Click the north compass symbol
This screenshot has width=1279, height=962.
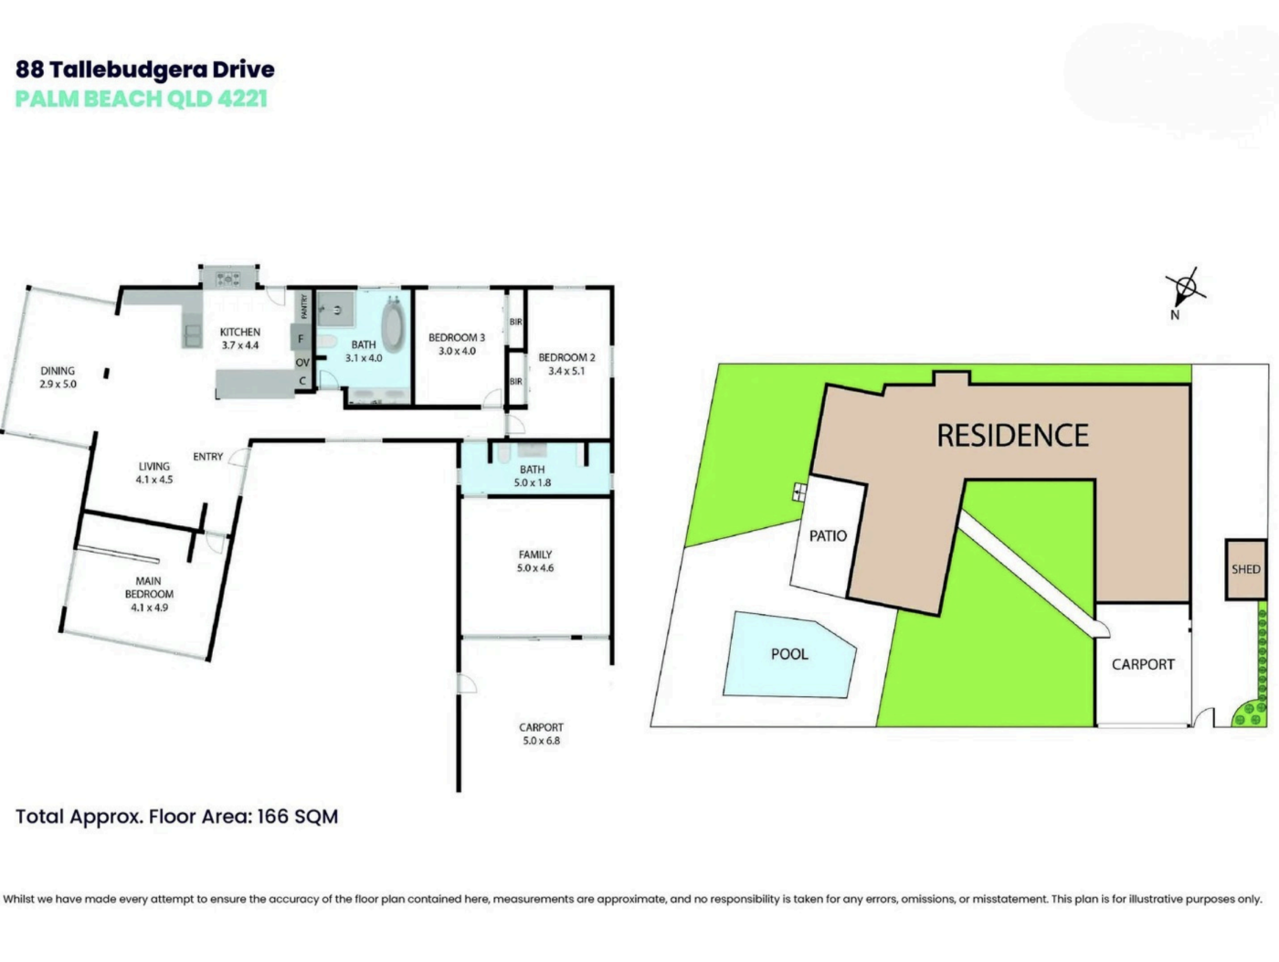pyautogui.click(x=1185, y=289)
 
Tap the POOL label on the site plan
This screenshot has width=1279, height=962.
pyautogui.click(x=789, y=654)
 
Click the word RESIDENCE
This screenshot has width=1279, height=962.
pyautogui.click(x=1012, y=435)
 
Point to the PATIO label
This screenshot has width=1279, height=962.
pyautogui.click(x=828, y=535)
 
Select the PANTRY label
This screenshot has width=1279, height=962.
pyautogui.click(x=303, y=306)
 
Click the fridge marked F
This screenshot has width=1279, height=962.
pyautogui.click(x=301, y=338)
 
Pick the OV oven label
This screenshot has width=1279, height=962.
pyautogui.click(x=302, y=363)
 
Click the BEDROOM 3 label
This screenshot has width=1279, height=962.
pyautogui.click(x=456, y=337)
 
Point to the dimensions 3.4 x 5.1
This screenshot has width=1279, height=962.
pyautogui.click(x=566, y=371)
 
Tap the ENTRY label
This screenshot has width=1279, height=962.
pyautogui.click(x=208, y=457)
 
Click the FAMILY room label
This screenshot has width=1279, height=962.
pyautogui.click(x=535, y=555)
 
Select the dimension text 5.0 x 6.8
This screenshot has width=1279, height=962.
pyautogui.click(x=541, y=741)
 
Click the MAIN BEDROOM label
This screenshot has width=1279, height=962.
pyautogui.click(x=149, y=587)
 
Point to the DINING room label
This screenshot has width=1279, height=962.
pyautogui.click(x=58, y=371)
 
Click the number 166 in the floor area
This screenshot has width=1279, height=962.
pyautogui.click(x=272, y=817)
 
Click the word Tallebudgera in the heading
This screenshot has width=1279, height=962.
pyautogui.click(x=128, y=70)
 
